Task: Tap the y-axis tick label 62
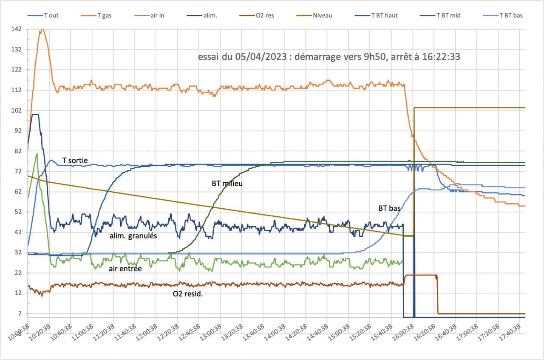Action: (18, 192)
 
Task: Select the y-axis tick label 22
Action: (18, 273)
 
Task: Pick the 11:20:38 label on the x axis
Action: (105, 335)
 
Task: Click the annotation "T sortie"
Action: (75, 160)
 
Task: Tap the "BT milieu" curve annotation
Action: (227, 184)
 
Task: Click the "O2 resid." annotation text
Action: (187, 293)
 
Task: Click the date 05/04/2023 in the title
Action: (259, 58)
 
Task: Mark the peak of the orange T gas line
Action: (42, 29)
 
